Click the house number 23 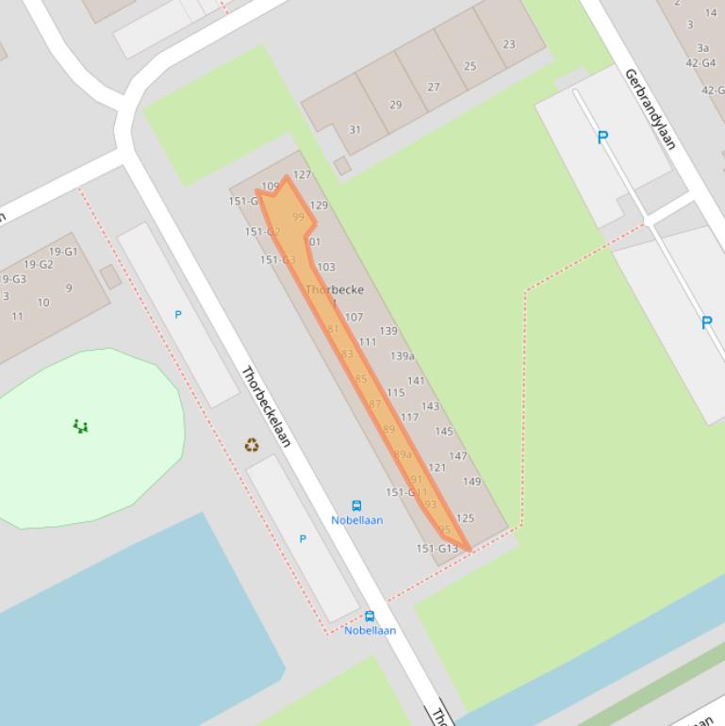click(x=509, y=44)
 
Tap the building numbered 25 click(x=470, y=66)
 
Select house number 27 click(x=433, y=87)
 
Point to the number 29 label click(x=395, y=105)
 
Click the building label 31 click(x=354, y=129)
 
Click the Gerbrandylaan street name click(x=651, y=108)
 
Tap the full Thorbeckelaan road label click(x=266, y=406)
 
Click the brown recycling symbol click(x=252, y=445)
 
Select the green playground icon click(x=81, y=427)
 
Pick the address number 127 click(x=302, y=174)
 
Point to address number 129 click(x=319, y=205)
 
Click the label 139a click(x=403, y=356)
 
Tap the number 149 click(x=471, y=482)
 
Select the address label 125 click(x=465, y=519)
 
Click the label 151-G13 click(x=437, y=549)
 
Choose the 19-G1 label click(x=63, y=252)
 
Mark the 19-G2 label click(x=39, y=265)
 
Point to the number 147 click(x=458, y=456)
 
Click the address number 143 click(x=430, y=406)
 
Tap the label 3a click(x=702, y=47)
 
